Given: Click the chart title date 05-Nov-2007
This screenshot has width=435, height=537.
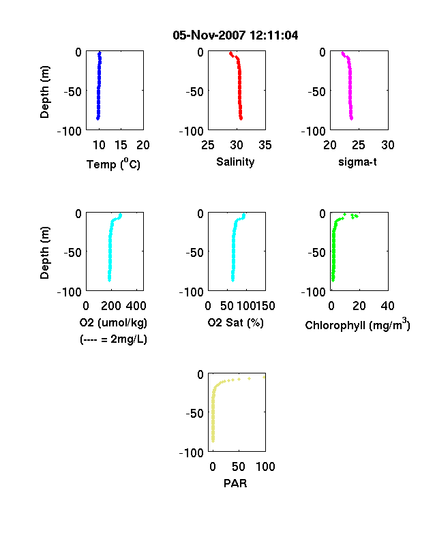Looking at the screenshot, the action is tap(209, 35).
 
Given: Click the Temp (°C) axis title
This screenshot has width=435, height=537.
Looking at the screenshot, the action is tap(113, 164).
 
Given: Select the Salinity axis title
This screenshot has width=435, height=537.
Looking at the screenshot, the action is tap(235, 162).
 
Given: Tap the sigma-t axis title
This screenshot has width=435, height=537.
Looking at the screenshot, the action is tap(357, 162).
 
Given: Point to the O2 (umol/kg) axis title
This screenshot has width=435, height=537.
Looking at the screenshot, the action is tap(113, 322).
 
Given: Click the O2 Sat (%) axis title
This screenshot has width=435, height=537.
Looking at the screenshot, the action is tap(236, 322).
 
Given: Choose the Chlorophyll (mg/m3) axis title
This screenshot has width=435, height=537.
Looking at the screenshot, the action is tap(357, 324).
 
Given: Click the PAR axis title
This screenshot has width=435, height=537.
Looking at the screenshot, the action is tap(235, 483).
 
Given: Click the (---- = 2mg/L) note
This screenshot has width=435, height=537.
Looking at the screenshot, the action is tap(113, 339).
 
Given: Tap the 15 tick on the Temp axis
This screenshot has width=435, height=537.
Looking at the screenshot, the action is tap(121, 145).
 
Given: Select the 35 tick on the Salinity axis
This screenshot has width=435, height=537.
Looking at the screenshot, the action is tap(265, 145).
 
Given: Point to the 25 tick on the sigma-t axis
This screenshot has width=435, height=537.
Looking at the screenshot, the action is tap(359, 145).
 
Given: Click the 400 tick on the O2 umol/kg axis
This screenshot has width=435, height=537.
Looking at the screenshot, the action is tap(136, 306).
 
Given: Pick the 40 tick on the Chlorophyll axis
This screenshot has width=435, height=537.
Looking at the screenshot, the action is tap(387, 306).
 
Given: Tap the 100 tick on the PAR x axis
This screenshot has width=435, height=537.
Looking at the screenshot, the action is tap(265, 467).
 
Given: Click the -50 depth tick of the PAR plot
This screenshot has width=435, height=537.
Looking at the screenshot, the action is tap(194, 414).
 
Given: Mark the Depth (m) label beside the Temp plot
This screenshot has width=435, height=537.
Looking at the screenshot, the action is tap(44, 92).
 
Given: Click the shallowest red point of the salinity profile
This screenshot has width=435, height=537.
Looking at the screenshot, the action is tap(231, 53).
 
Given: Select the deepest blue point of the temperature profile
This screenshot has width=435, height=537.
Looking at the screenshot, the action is tap(97, 119).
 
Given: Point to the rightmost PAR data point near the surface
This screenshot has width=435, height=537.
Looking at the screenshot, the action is tap(264, 377).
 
